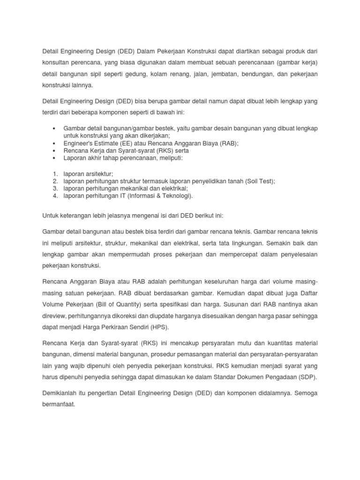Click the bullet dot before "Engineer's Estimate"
55,144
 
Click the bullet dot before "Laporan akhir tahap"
55,158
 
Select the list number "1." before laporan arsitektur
55,174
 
